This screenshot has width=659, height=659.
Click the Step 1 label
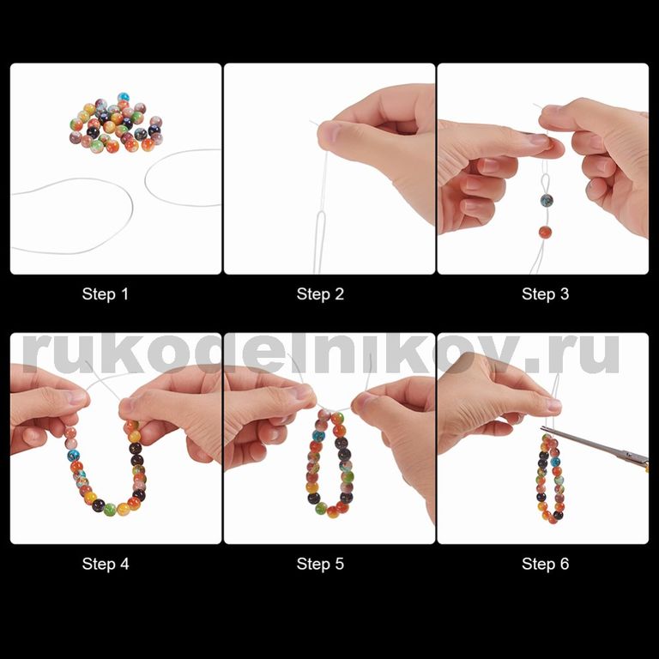(x=105, y=294)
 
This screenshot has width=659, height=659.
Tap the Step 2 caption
(x=320, y=294)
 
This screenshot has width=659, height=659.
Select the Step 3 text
(x=545, y=294)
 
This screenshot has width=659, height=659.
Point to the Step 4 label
(x=106, y=564)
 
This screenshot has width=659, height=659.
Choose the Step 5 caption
(x=320, y=564)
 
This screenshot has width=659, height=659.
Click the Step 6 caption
(x=545, y=564)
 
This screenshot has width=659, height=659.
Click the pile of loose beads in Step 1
(x=116, y=123)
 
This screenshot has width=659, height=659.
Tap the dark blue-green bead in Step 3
(x=547, y=201)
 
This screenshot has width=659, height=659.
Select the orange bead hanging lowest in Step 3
(x=545, y=232)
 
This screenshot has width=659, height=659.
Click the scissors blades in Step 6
(x=580, y=441)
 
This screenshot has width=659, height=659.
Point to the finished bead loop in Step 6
(x=551, y=479)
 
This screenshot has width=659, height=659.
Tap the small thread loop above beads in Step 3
(x=546, y=182)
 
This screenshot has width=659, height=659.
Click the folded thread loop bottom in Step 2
(x=320, y=215)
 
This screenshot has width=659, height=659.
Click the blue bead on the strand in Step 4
(x=74, y=455)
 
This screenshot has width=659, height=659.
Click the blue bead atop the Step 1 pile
(x=124, y=98)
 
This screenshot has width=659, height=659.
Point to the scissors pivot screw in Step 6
(x=626, y=454)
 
